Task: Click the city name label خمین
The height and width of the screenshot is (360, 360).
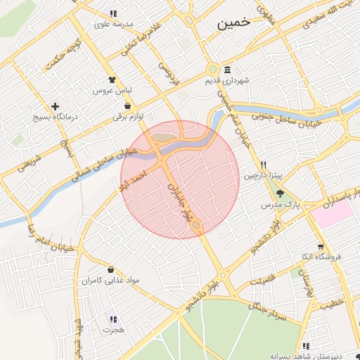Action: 234,23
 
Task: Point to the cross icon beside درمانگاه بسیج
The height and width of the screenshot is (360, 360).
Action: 55,106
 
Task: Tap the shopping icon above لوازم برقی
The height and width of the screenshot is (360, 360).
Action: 127,105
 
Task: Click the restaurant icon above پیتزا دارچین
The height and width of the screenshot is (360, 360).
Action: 262,162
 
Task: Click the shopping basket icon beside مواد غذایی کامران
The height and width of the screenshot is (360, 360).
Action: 111,269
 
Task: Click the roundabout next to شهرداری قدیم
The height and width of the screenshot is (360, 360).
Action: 212,70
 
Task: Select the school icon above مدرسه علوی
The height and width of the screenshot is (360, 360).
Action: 112,13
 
